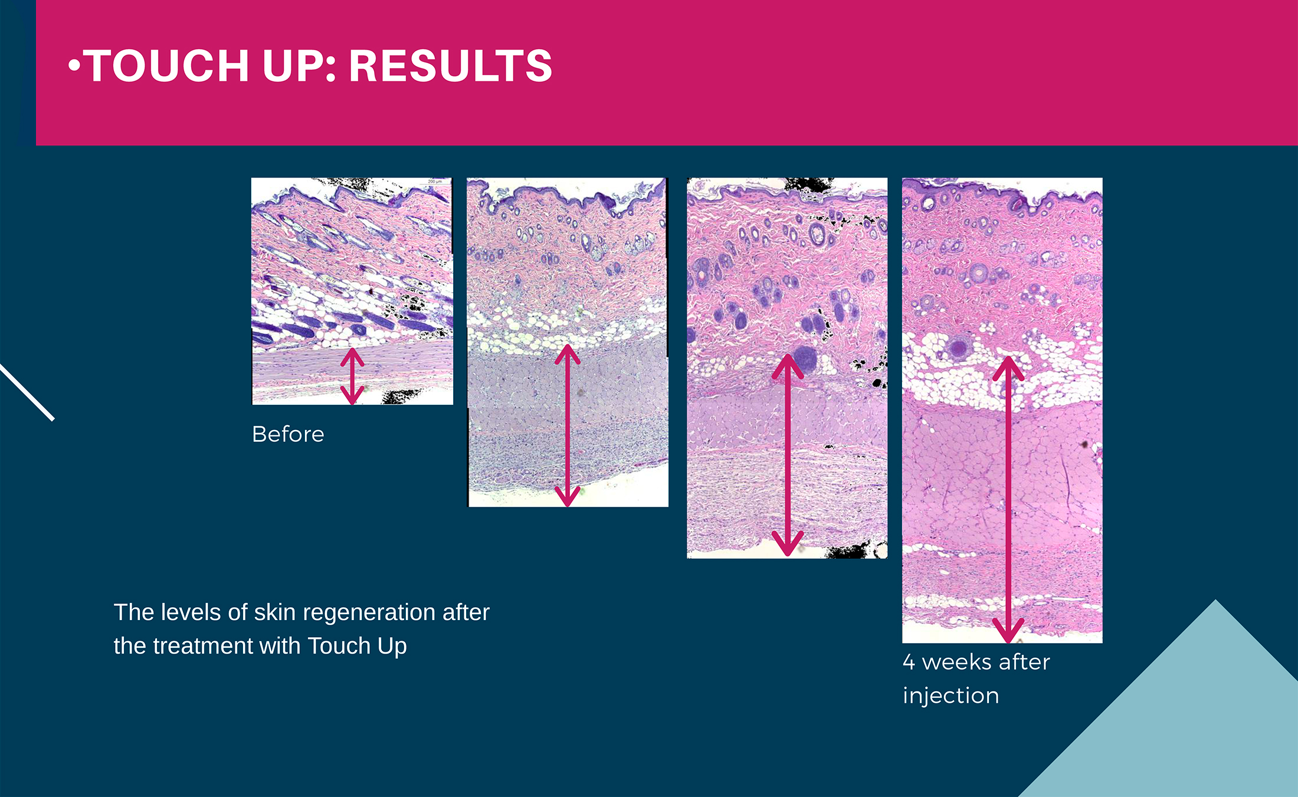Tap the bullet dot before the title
[74, 65]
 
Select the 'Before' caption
[288, 434]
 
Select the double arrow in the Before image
[352, 376]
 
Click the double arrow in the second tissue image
[568, 425]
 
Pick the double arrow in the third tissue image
[788, 455]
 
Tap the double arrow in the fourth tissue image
[1008, 500]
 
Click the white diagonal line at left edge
[27, 392]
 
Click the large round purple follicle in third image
[804, 359]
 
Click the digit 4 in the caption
[909, 662]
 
